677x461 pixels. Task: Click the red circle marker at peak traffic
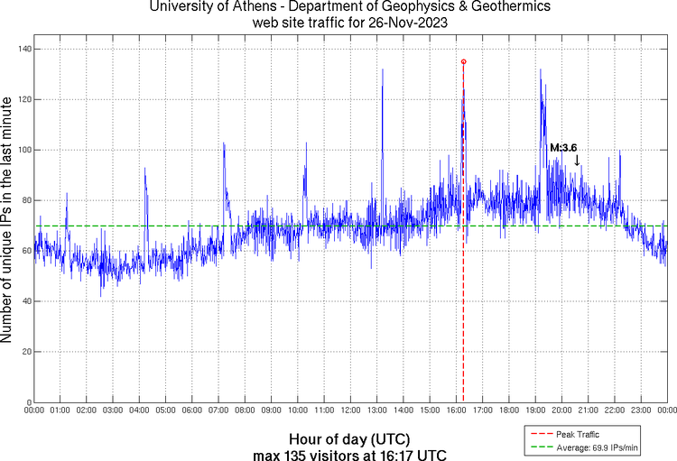(464, 61)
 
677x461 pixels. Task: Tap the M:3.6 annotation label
(563, 147)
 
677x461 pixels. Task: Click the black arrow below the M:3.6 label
(577, 161)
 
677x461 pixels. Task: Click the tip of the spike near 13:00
(383, 69)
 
